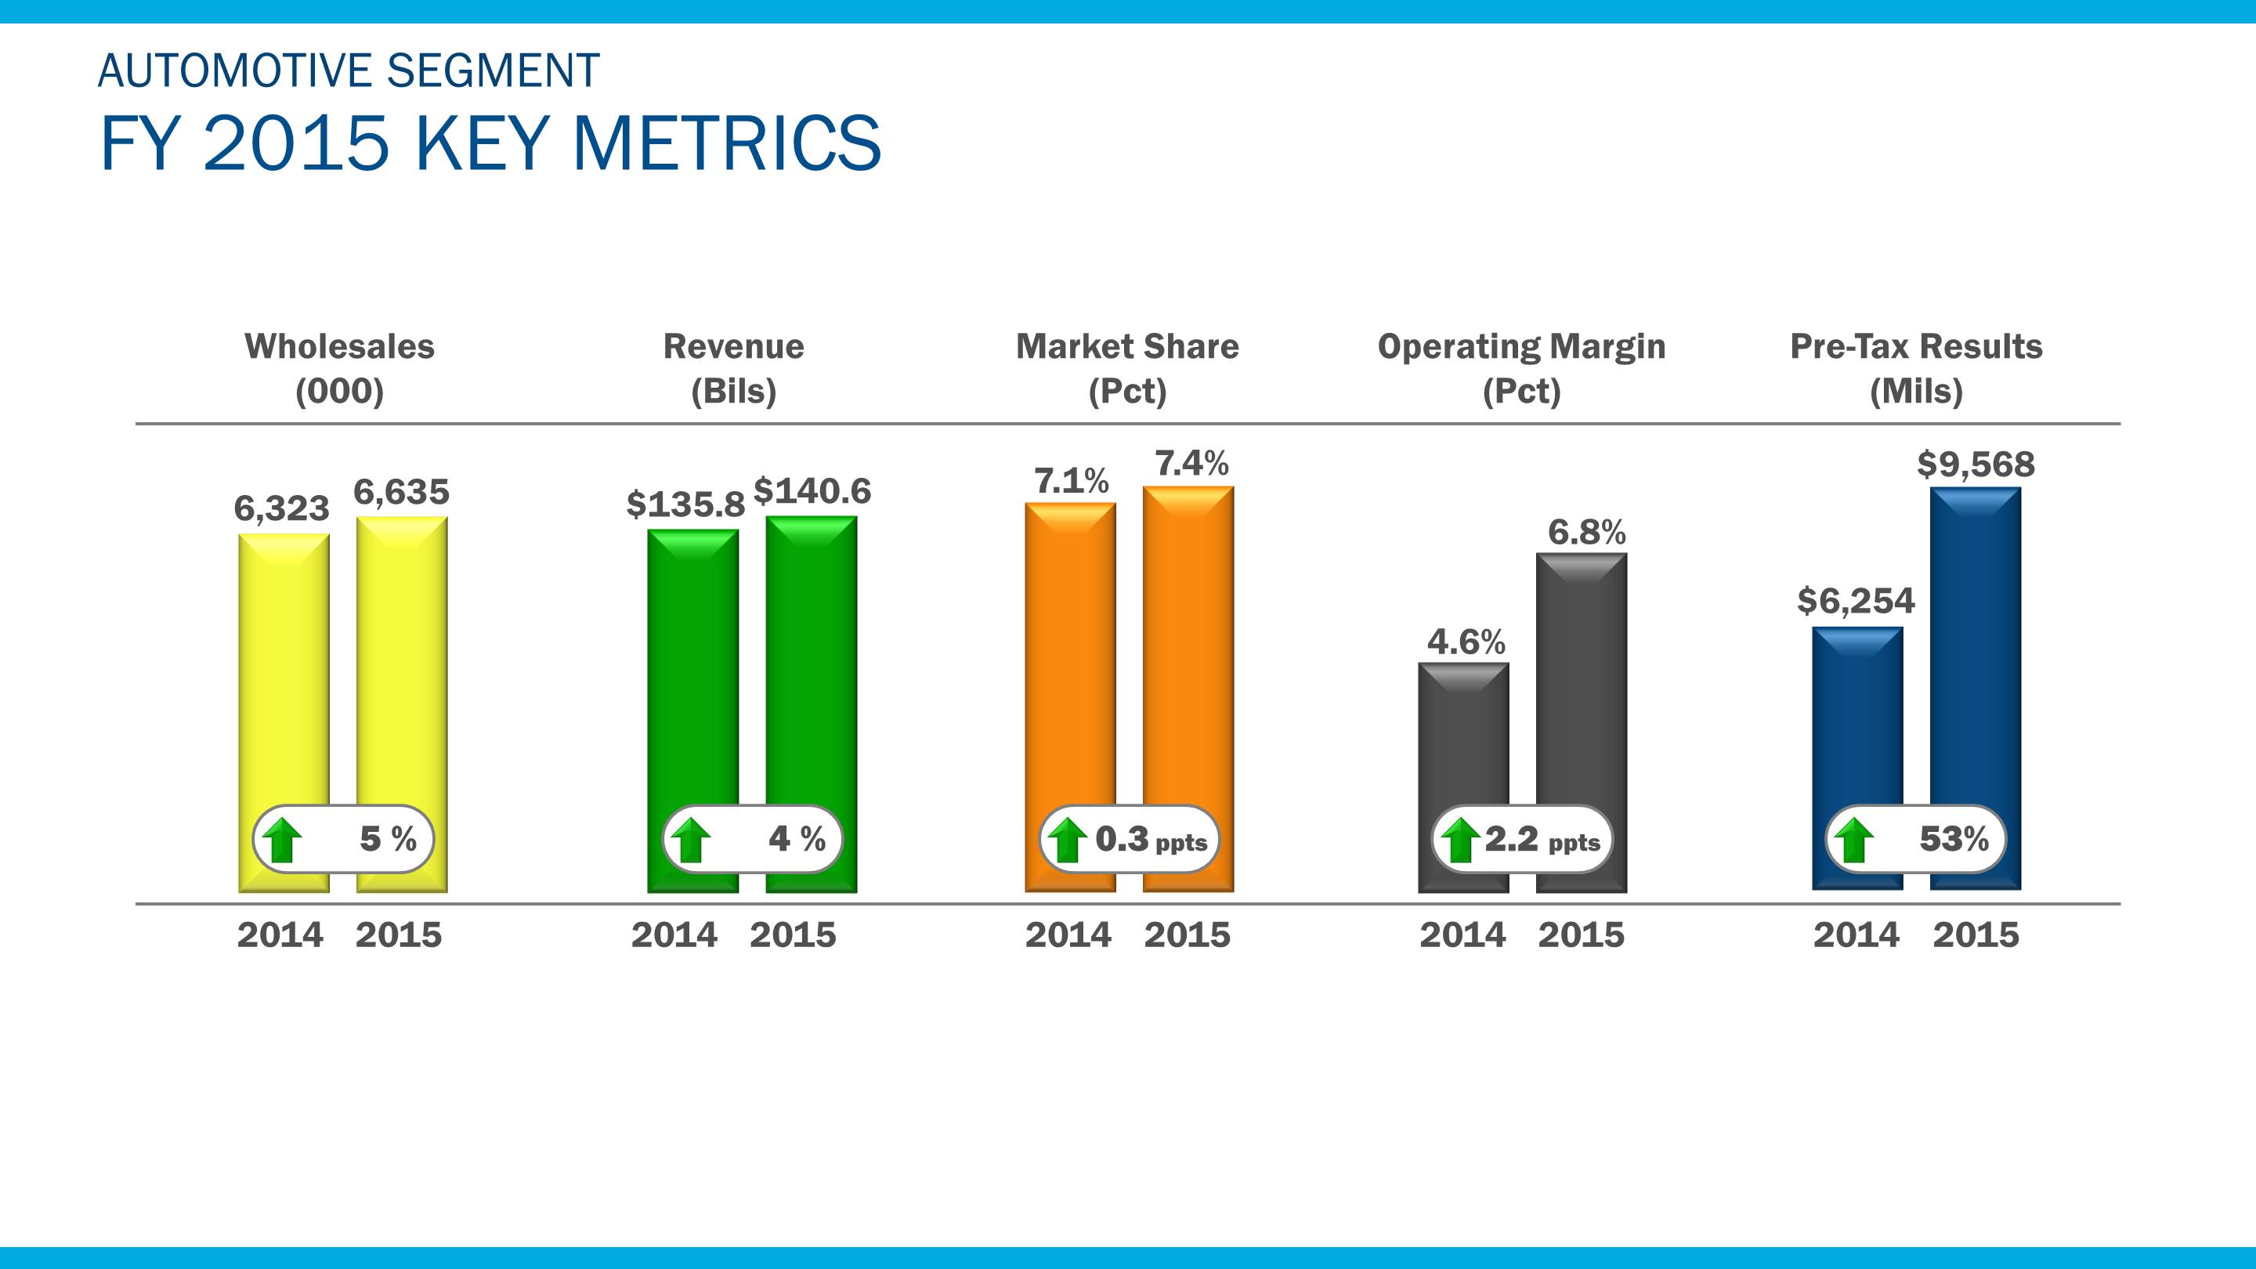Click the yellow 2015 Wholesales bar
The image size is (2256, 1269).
coord(401,666)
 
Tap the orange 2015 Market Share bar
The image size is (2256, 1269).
coord(1188,648)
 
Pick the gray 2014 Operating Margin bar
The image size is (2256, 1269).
coord(1463,736)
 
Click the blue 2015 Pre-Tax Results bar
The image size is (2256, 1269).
coord(1975,648)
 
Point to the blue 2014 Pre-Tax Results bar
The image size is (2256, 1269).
coord(1856,718)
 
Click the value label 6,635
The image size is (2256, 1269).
coord(401,492)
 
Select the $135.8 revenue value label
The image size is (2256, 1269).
coord(685,504)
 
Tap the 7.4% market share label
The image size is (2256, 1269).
coord(1191,463)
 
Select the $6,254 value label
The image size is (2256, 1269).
coord(1856,601)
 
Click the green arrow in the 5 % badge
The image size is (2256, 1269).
coord(282,840)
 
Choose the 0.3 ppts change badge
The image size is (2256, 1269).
coord(1129,839)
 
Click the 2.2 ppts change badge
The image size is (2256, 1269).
coord(1521,839)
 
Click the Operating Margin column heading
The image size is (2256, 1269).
coord(1521,347)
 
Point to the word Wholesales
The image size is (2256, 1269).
coord(339,347)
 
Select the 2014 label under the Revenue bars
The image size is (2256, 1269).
coord(674,935)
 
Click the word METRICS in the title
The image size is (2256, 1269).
coord(727,143)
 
